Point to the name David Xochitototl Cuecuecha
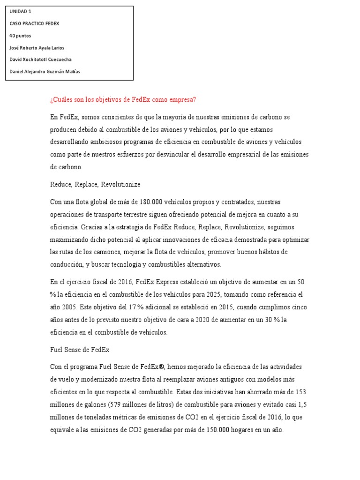point(41,60)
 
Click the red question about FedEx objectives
point(123,99)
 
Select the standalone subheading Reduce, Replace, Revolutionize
point(95,184)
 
